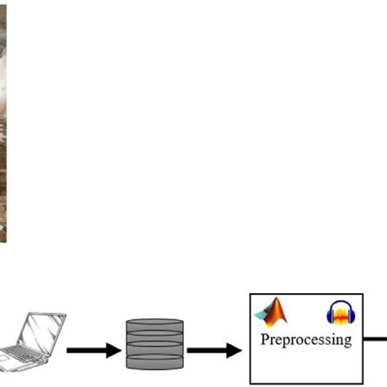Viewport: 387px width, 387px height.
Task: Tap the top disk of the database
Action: coord(154,323)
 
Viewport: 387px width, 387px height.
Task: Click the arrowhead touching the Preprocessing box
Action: coord(235,351)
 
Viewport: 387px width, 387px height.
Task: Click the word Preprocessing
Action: coord(306,339)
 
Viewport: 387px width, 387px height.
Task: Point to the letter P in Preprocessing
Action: coord(265,338)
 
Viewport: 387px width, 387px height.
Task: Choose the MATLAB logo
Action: coord(274,313)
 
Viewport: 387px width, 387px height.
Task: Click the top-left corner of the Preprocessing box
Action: coord(250,295)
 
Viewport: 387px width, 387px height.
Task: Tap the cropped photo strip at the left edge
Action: coord(4,122)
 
